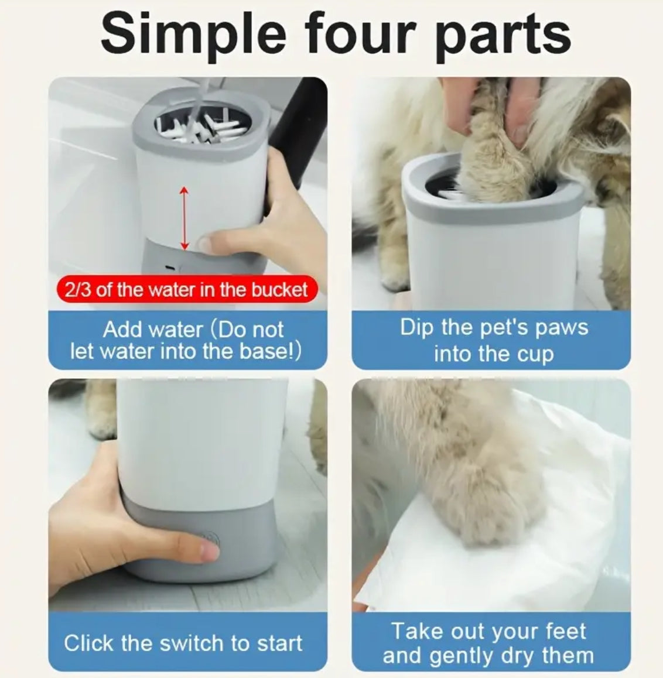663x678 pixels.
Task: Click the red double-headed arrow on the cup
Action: [x=184, y=218]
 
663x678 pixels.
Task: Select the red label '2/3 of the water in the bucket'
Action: [x=186, y=290]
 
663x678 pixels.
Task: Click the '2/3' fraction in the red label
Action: [x=77, y=290]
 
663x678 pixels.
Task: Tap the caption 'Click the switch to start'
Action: [x=183, y=643]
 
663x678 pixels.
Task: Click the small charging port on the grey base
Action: [x=169, y=268]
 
